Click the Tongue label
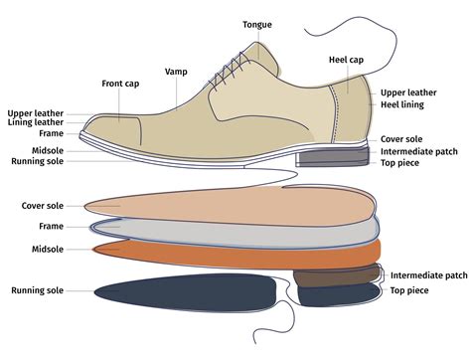coord(258,24)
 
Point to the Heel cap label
coord(346,60)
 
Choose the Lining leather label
coord(36,123)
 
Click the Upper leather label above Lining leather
coord(35,113)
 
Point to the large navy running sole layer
coord(189,294)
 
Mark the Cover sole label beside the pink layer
coord(43,206)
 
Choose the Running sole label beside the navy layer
coord(38,290)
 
